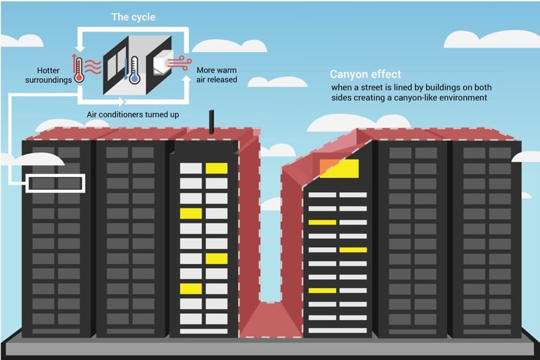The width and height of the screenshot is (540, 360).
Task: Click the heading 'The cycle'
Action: (x=133, y=17)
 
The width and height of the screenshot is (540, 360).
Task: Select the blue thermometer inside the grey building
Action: (x=134, y=70)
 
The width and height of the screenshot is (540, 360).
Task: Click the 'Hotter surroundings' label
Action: (x=47, y=75)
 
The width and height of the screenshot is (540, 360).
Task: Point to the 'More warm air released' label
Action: (x=217, y=75)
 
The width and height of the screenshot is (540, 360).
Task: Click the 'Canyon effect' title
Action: (x=365, y=74)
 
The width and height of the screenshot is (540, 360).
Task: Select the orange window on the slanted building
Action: (x=326, y=167)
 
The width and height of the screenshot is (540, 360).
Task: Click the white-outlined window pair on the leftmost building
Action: (x=55, y=183)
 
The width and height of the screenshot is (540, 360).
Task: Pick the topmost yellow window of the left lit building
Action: (x=216, y=168)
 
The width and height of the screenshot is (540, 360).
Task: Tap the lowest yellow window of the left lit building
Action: (x=191, y=288)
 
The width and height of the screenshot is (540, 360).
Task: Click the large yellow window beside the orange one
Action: (x=344, y=169)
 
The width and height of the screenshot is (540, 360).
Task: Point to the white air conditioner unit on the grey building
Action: (x=160, y=65)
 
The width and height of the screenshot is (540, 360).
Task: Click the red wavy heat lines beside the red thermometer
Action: (x=93, y=67)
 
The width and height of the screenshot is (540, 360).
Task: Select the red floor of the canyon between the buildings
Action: (x=271, y=319)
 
